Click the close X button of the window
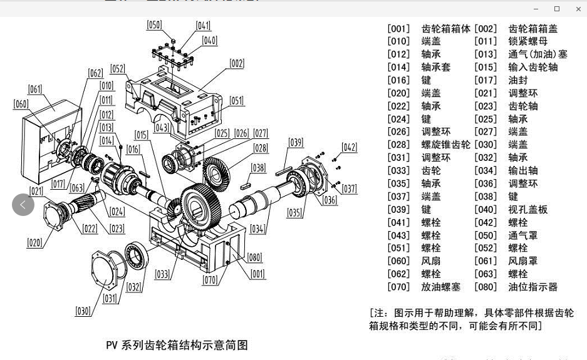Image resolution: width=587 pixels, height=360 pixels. [578, 9]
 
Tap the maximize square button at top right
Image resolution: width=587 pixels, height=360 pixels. [556, 9]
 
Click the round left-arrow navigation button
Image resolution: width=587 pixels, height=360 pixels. [23, 205]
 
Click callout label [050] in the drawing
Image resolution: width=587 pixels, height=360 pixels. [154, 25]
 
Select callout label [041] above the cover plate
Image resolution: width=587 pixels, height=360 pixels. [203, 26]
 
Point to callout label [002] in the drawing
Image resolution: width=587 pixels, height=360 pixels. [237, 63]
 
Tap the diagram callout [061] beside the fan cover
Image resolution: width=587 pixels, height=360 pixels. [35, 90]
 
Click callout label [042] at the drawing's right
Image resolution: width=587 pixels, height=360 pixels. [349, 148]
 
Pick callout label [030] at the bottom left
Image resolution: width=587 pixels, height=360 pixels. [83, 311]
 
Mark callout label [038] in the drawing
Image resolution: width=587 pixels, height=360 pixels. [258, 168]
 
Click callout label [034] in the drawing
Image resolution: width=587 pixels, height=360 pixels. [257, 229]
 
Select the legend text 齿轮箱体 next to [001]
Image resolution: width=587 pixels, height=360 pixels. [445, 29]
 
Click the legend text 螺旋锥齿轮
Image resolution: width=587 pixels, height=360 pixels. [445, 145]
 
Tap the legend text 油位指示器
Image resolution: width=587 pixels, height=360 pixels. [532, 287]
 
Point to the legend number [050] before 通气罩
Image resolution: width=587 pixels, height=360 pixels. [486, 235]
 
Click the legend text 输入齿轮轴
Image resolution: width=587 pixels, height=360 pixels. [532, 67]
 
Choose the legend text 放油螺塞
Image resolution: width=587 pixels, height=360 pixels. [440, 287]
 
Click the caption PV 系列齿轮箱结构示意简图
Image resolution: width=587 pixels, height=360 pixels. [177, 345]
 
